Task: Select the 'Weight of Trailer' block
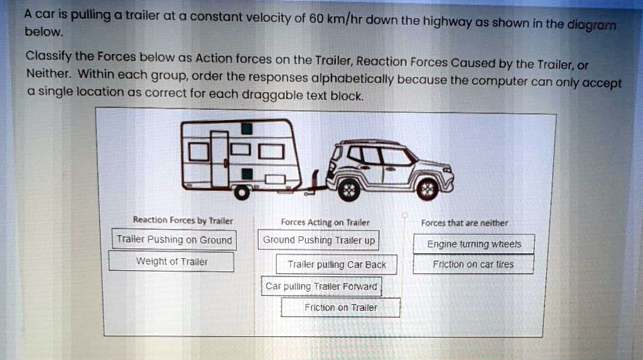point(171,261)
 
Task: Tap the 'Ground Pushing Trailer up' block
point(318,240)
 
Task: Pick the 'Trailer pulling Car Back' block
point(337,265)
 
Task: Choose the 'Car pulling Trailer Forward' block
point(321,286)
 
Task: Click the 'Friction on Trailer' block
point(340,307)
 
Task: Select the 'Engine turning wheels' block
point(473,244)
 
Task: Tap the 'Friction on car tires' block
point(473,265)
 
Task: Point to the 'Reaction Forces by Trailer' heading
point(183,221)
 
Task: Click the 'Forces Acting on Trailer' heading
point(325,222)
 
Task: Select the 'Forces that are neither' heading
point(464,222)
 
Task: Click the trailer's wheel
point(242,192)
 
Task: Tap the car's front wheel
point(427,188)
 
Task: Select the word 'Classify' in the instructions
point(49,57)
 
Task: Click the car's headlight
point(447,170)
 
